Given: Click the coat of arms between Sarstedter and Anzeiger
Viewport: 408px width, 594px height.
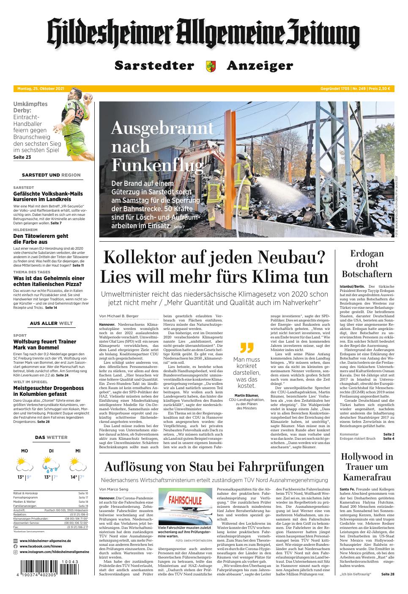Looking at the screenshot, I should tap(210, 66).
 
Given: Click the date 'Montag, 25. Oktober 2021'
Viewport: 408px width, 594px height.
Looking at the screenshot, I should tap(41, 89).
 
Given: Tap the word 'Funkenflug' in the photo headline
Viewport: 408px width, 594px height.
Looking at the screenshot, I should tap(157, 164).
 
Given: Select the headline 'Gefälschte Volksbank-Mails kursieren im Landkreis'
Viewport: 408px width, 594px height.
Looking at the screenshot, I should tap(48, 196).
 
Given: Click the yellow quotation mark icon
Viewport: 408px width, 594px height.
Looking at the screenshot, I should tap(246, 348).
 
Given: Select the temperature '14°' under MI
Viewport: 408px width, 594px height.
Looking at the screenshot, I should tap(74, 477).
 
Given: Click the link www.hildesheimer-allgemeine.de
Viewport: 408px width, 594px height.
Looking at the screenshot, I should tap(45, 541).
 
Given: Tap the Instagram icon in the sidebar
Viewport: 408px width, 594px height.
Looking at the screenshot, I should tap(16, 552).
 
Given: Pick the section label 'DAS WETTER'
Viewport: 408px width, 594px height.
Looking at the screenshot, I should tap(51, 437).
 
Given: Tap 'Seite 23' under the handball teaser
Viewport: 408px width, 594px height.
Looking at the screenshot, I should tap(22, 157).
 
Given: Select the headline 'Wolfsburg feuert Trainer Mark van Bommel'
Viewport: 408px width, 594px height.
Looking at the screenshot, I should tap(45, 344).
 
